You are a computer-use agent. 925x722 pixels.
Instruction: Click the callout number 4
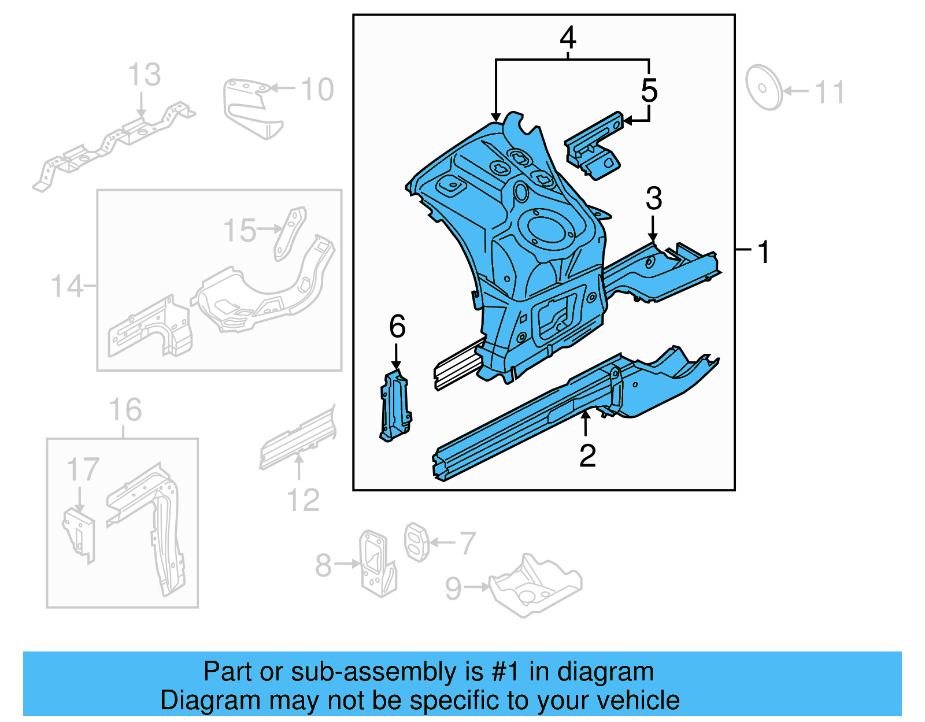pos(568,38)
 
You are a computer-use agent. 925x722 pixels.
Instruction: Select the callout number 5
pos(649,91)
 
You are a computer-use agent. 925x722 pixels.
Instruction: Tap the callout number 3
pos(653,199)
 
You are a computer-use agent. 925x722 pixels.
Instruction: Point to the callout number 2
pos(587,456)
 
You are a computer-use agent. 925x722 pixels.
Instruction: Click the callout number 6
pos(397,327)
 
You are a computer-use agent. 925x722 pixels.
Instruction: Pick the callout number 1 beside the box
pos(764,253)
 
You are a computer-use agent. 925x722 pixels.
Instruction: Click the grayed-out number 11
pos(830,92)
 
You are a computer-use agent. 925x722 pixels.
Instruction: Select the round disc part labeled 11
pos(763,88)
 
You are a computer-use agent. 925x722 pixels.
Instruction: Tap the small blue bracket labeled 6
pos(396,407)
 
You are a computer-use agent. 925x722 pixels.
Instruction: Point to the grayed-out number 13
pos(144,75)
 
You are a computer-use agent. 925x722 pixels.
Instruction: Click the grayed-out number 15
pos(239,231)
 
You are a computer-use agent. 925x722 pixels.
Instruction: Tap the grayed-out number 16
pos(125,410)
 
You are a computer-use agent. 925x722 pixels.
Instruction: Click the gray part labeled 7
pos(416,542)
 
